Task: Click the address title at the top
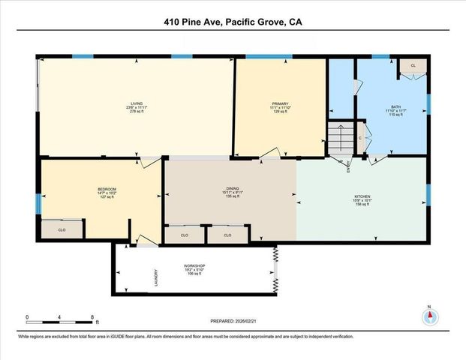[233, 22]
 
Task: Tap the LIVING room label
[136, 103]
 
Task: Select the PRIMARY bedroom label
[281, 104]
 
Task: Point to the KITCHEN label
[362, 198]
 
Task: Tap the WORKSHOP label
[194, 265]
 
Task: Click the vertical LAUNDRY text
[155, 277]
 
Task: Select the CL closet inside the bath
[413, 66]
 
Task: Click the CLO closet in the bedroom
[62, 229]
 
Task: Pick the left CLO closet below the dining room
[185, 235]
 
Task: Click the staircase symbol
[337, 138]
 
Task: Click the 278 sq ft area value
[136, 111]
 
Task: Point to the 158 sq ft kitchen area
[362, 205]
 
